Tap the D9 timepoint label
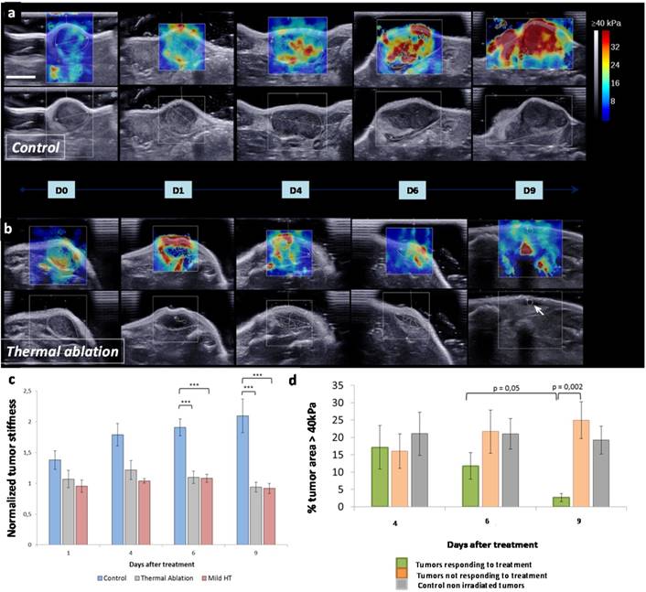(524, 190)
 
